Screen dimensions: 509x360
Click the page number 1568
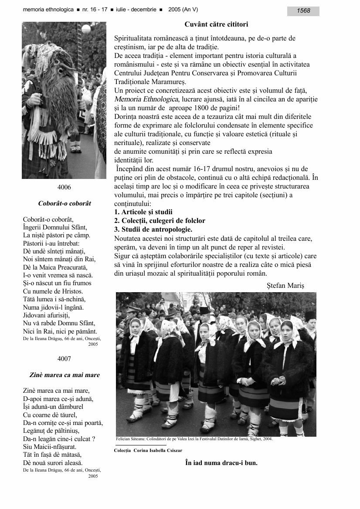tap(303, 11)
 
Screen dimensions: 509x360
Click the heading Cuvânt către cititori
tap(216, 24)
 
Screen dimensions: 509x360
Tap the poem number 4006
tap(64, 187)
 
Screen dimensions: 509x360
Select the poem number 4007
tap(64, 359)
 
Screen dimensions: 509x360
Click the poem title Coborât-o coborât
tap(65, 203)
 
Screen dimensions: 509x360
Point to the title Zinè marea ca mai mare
tap(65, 375)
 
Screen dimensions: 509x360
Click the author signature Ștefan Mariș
tap(285, 286)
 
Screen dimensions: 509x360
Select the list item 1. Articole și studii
tap(143, 212)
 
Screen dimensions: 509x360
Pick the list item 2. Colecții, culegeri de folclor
tap(160, 221)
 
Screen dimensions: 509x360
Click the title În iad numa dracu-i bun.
tap(221, 462)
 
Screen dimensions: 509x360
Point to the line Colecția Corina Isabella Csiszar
tap(149, 450)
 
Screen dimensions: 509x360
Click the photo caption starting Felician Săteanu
tap(194, 439)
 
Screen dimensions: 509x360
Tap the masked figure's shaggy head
tap(59, 74)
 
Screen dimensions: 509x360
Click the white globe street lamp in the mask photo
tap(86, 29)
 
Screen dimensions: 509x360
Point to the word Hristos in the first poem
tap(72, 291)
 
